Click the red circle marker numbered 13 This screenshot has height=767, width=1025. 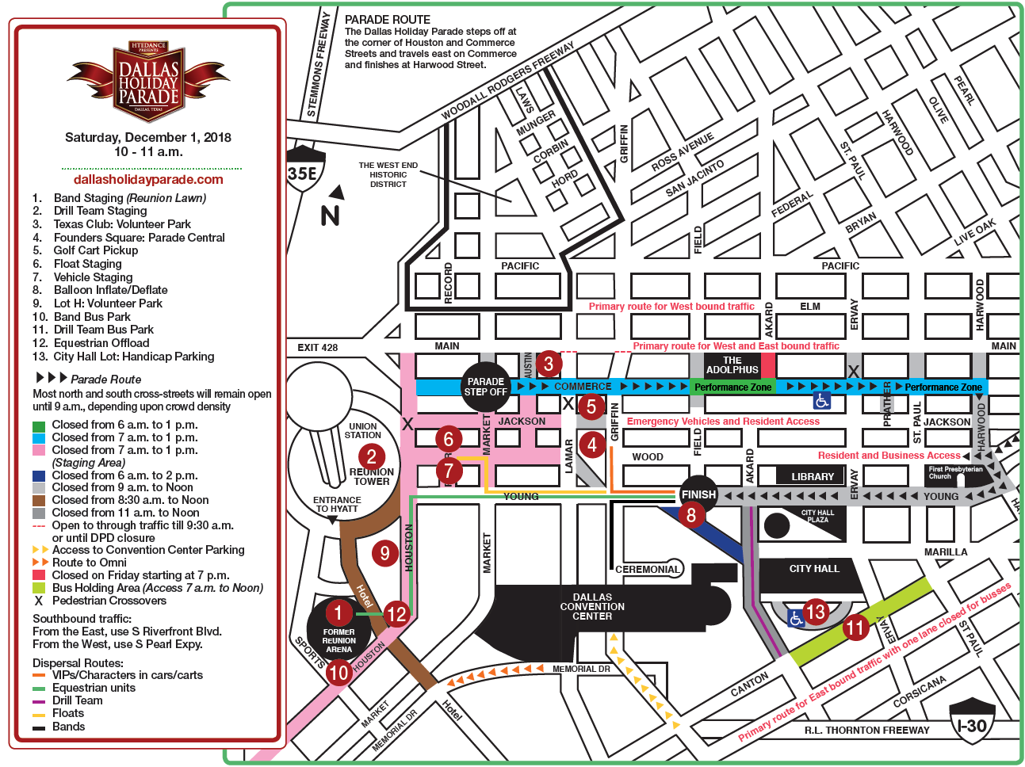815,611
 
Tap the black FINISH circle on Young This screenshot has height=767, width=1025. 698,494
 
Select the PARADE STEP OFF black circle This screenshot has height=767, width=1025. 485,387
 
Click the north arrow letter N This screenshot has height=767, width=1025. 331,215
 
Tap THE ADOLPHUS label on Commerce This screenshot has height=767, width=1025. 732,365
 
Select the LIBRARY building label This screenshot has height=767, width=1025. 813,476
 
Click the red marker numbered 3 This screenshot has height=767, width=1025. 548,364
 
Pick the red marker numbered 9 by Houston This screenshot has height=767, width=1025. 384,552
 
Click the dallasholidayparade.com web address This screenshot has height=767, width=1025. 148,179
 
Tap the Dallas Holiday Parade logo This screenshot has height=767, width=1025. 148,82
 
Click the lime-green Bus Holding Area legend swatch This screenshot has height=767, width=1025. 38,588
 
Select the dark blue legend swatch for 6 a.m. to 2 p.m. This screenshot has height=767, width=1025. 38,475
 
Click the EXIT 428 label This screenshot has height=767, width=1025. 317,347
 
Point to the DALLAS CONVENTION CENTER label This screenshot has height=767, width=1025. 592,606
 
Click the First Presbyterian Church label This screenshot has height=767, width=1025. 955,472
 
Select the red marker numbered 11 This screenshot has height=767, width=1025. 855,628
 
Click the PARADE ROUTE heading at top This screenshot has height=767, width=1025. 388,20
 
